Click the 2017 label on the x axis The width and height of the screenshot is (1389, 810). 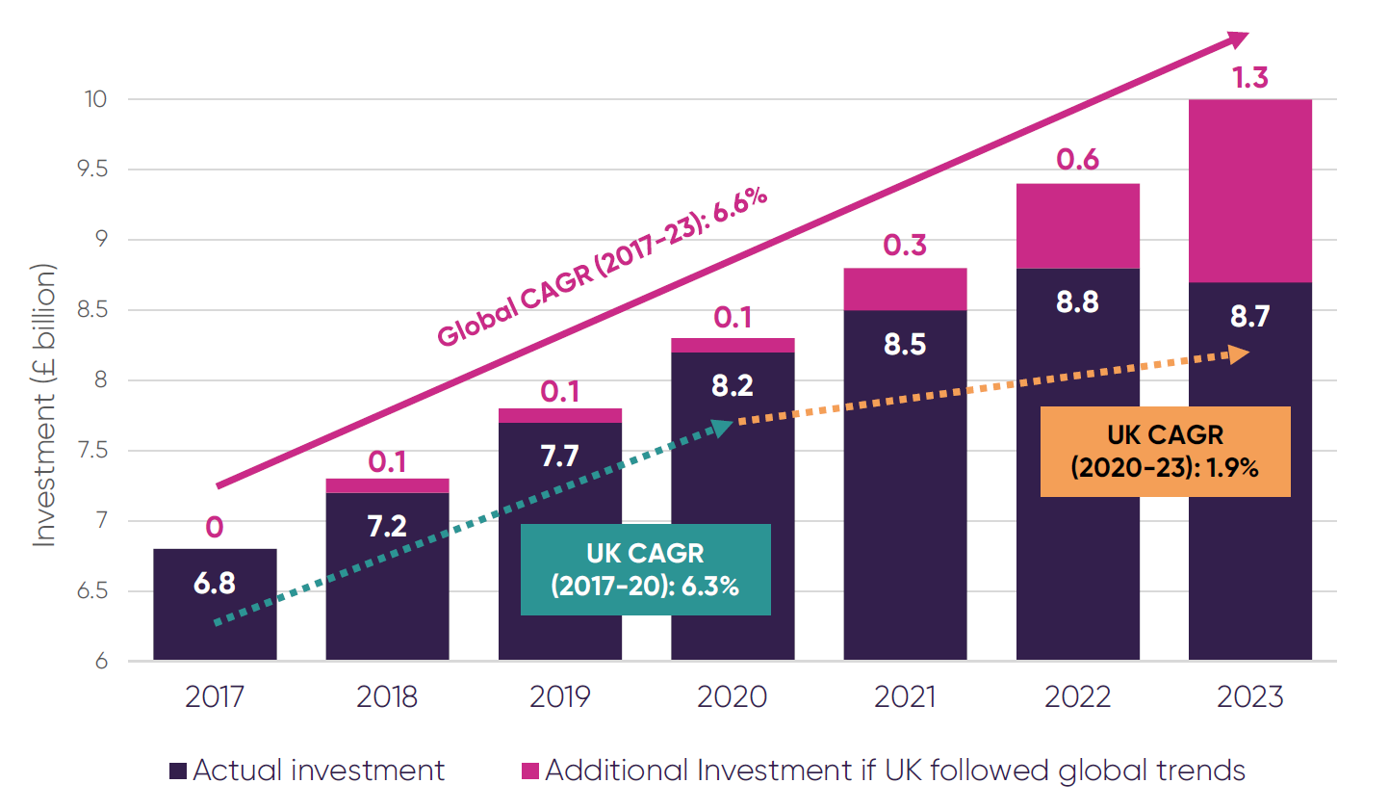(215, 696)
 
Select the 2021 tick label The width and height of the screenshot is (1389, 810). (905, 696)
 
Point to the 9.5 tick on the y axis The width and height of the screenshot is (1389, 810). (92, 170)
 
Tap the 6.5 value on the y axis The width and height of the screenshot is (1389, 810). (92, 590)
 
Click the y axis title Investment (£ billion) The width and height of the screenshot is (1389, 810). (44, 405)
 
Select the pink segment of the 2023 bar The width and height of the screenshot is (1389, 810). (1249, 191)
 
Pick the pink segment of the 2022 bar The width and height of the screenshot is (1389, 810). (1077, 225)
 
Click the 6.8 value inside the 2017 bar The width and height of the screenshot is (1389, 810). (215, 583)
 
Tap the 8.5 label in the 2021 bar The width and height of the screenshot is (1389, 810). (905, 344)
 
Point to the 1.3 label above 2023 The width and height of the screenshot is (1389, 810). (1250, 78)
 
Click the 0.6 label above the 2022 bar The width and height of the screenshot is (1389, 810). (1077, 159)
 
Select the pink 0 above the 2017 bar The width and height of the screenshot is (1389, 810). (215, 527)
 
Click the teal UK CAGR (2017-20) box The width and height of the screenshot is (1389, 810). (645, 569)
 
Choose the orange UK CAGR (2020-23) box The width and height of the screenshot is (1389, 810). (1165, 451)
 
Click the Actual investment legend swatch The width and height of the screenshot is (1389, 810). (178, 771)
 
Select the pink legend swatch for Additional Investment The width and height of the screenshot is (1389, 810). (529, 771)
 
